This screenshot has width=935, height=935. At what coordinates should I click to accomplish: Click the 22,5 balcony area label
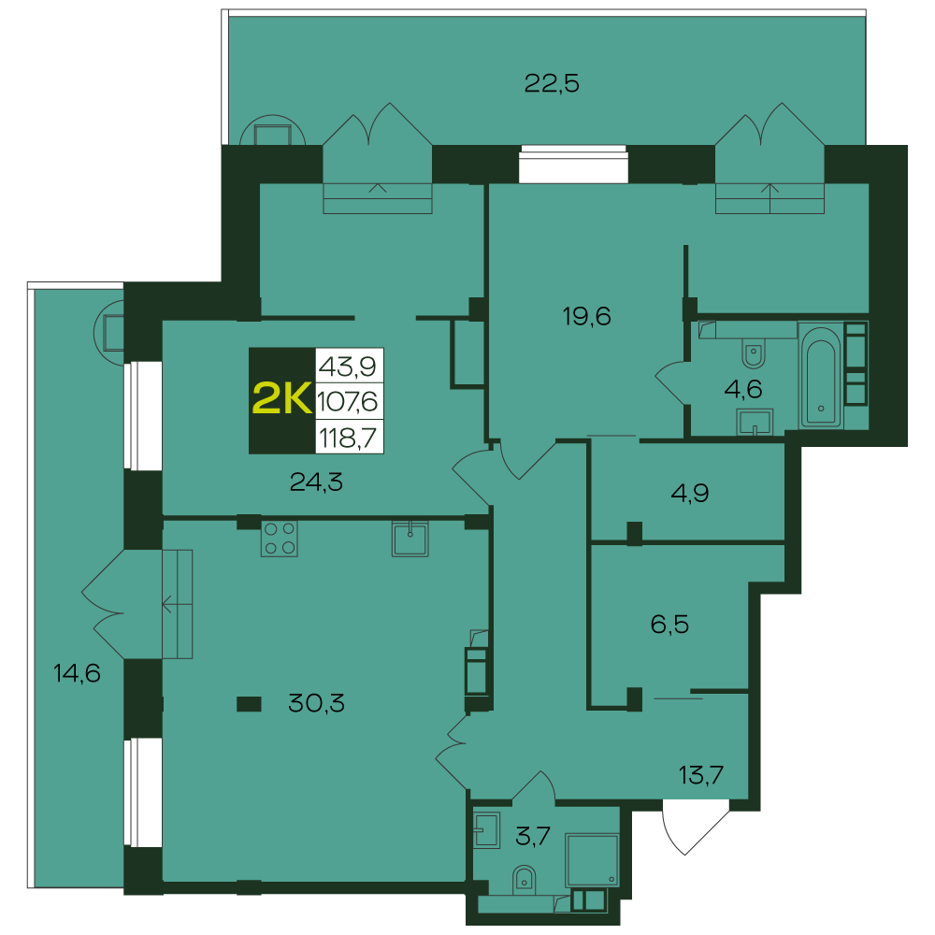point(552,83)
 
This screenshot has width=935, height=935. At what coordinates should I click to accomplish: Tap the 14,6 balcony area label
point(77,673)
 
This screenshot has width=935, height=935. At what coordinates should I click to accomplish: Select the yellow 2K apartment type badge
point(282,399)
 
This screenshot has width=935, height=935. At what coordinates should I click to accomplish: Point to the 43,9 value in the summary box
point(348,366)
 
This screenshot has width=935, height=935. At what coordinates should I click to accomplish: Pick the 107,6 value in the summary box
point(348,402)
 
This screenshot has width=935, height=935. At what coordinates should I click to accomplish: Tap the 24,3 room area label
point(316,482)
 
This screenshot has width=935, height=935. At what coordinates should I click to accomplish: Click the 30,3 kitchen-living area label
point(316,703)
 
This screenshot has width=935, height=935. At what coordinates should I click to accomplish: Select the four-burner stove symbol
point(279,539)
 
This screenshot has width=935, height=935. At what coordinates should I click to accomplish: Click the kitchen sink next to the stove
point(410,539)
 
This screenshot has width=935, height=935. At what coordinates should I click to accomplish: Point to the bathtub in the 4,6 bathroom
point(821,376)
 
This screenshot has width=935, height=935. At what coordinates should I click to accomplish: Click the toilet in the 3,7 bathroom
point(524,880)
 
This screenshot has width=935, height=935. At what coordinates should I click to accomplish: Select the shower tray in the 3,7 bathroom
point(592,860)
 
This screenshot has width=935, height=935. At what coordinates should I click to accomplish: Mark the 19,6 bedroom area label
point(587,316)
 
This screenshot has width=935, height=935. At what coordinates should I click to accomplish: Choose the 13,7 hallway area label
point(701,774)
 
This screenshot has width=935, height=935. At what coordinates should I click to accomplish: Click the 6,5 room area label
point(669,625)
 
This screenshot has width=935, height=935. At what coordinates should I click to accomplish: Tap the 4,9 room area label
point(690,493)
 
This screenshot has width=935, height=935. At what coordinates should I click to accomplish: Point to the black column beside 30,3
point(249,704)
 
